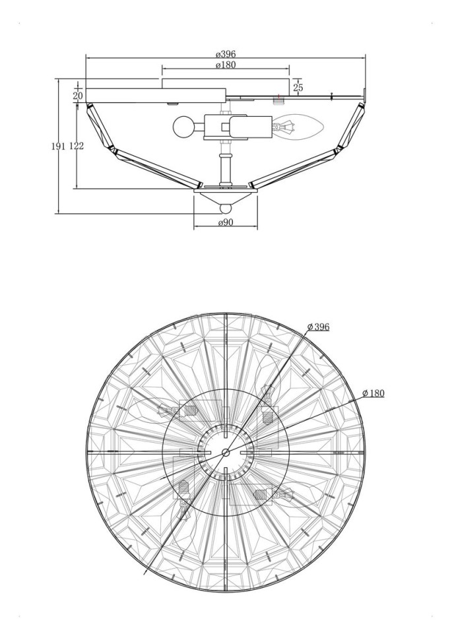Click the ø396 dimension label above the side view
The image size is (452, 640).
click(226, 53)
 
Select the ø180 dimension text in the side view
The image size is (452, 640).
click(226, 65)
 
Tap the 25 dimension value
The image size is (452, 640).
click(298, 87)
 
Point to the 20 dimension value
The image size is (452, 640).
click(79, 96)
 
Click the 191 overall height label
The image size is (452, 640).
click(58, 146)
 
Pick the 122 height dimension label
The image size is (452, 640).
click(76, 146)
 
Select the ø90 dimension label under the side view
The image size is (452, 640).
click(226, 224)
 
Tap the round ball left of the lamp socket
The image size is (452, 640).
click(182, 126)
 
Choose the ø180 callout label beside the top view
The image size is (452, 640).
click(373, 393)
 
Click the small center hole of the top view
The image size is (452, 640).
click(226, 452)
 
